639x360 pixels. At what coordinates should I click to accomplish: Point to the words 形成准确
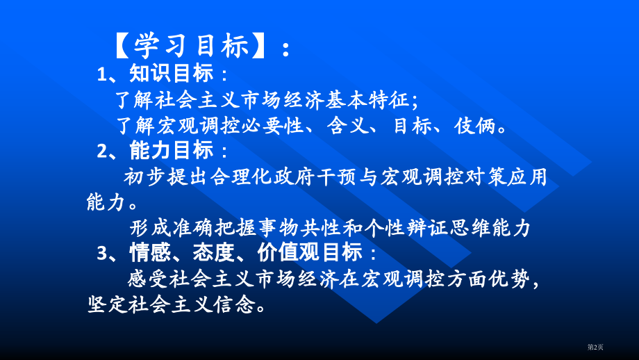coord(169,228)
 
